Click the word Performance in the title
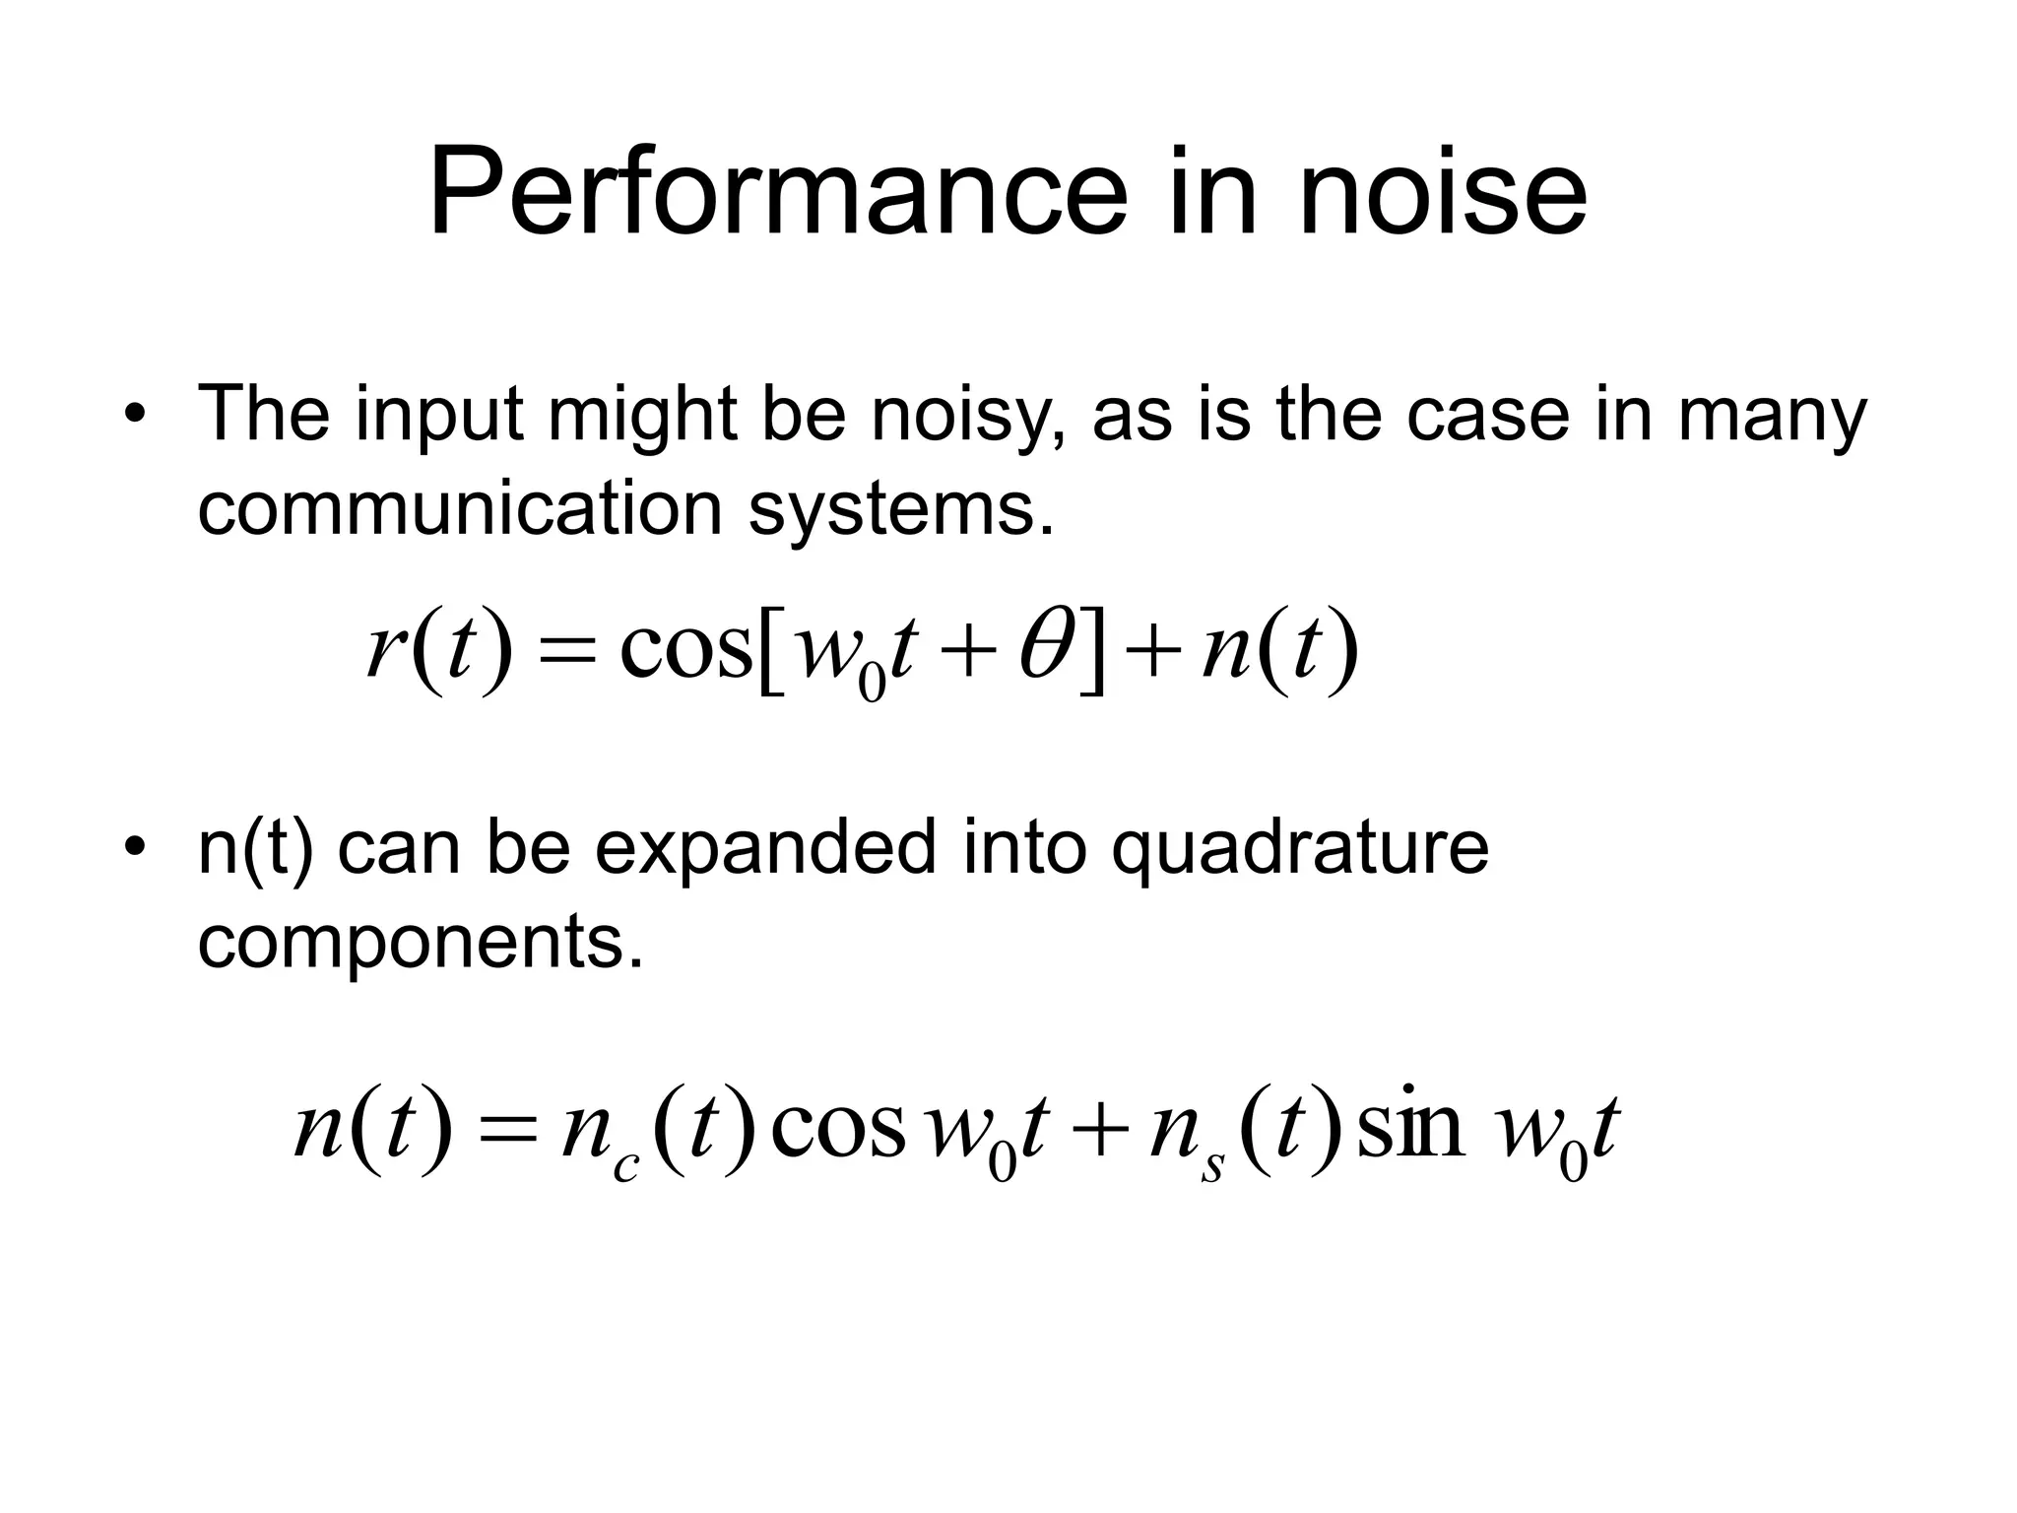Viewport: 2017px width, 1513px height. tap(777, 192)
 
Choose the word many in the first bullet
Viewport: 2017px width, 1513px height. tap(1773, 414)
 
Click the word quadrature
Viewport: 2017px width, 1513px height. tap(1300, 849)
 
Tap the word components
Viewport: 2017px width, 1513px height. tap(421, 943)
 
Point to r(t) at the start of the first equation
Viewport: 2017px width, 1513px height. tap(439, 650)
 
